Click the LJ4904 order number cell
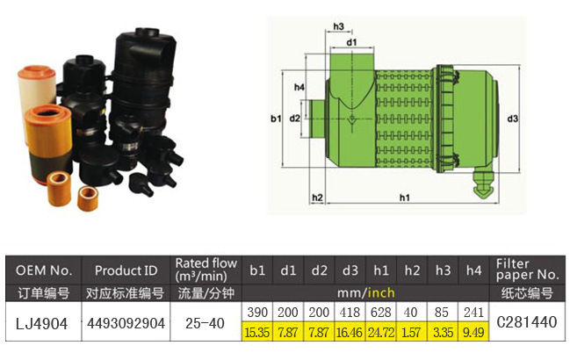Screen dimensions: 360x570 43,322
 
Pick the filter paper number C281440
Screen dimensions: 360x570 526,322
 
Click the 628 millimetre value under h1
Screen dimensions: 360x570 381,313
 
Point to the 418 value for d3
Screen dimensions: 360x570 350,313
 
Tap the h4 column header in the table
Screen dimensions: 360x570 473,270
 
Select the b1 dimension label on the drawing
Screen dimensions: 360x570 275,118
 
